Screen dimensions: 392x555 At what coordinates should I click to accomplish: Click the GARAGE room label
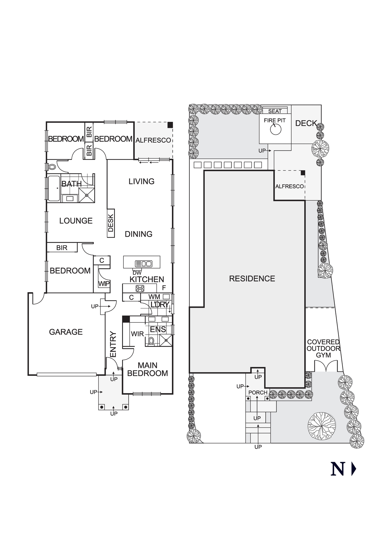click(66, 332)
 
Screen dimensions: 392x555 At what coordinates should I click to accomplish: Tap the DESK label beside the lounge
click(111, 223)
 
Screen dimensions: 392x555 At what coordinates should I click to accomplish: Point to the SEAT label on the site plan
click(275, 111)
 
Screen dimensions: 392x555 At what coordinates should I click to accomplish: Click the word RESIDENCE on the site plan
click(252, 279)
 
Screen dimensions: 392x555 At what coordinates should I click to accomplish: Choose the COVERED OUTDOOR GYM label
click(323, 349)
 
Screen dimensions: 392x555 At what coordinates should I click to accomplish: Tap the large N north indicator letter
click(338, 469)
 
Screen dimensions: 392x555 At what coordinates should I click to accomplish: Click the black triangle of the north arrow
click(353, 469)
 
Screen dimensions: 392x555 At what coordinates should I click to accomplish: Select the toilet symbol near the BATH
click(52, 167)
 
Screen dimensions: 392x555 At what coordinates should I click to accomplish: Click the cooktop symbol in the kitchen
click(140, 288)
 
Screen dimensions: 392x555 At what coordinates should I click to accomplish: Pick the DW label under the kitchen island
click(137, 273)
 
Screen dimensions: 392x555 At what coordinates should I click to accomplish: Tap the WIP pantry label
click(104, 284)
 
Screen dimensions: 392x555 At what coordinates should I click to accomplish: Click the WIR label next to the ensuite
click(137, 334)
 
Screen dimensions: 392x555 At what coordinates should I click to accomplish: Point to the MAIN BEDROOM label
click(148, 369)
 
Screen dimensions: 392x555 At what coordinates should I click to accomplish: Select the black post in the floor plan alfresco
click(170, 125)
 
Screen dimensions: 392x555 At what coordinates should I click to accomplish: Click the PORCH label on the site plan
click(258, 393)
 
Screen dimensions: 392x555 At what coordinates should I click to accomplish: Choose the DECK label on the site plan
click(306, 123)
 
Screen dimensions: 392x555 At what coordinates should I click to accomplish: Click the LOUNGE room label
click(76, 221)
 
